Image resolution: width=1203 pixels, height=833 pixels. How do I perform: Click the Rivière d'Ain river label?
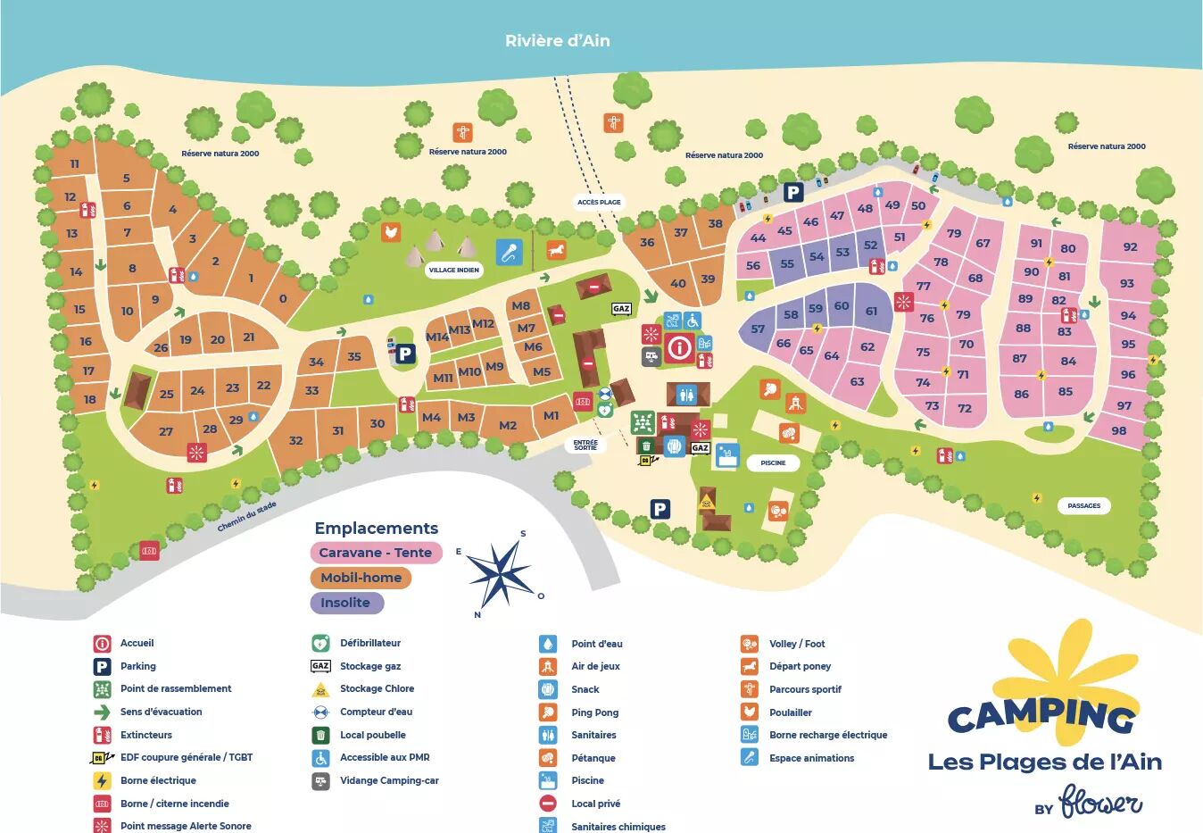(558, 40)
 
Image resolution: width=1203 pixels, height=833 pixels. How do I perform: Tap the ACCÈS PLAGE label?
(599, 202)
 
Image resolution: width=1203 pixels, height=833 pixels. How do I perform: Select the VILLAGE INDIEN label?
(453, 270)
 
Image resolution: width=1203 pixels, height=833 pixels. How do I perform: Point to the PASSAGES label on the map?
(1083, 505)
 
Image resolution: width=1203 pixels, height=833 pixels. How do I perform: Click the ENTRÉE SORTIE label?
(585, 445)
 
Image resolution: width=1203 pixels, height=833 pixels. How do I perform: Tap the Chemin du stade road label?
(247, 517)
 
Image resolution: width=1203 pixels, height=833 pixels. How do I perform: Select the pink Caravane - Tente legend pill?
(376, 553)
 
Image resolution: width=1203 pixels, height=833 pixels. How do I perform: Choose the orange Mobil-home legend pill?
(361, 578)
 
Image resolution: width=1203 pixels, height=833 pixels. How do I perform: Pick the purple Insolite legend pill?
(346, 603)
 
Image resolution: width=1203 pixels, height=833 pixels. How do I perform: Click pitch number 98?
(1119, 430)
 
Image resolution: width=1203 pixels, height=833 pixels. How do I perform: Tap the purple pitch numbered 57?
(758, 329)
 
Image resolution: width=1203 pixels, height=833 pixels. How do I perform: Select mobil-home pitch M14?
(437, 337)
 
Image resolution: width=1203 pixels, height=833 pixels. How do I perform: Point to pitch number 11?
(74, 163)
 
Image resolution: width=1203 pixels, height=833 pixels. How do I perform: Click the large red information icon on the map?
(679, 347)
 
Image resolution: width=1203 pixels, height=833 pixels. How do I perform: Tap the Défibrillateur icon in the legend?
(320, 643)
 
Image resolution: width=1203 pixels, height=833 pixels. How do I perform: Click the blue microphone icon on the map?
(509, 252)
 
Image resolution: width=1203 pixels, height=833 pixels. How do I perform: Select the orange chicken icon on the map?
(390, 232)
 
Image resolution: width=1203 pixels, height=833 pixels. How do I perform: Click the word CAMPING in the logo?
(1041, 715)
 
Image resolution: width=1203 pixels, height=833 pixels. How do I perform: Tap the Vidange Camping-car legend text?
(389, 780)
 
